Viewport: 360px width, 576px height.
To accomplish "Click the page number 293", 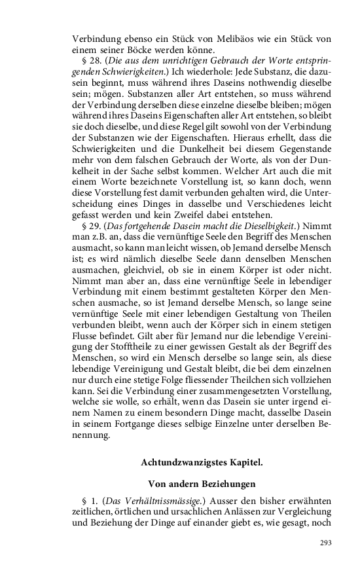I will (x=325, y=543).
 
